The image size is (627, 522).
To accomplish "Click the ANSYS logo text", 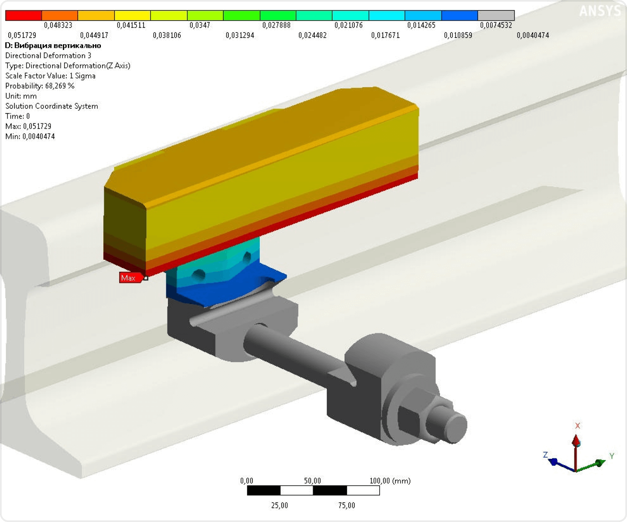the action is tap(600, 11).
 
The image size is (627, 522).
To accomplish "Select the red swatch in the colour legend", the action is tap(24, 15).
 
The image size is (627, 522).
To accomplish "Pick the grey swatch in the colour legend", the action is tap(496, 15).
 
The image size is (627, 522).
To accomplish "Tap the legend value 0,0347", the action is tap(200, 25).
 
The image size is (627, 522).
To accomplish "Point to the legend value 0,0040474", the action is tap(533, 36).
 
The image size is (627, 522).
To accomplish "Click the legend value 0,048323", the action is tap(58, 25).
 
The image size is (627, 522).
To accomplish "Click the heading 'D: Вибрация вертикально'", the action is tap(53, 45).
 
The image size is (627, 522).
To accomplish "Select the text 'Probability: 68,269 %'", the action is tap(40, 86).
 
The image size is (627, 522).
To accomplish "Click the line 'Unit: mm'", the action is tap(21, 96).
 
